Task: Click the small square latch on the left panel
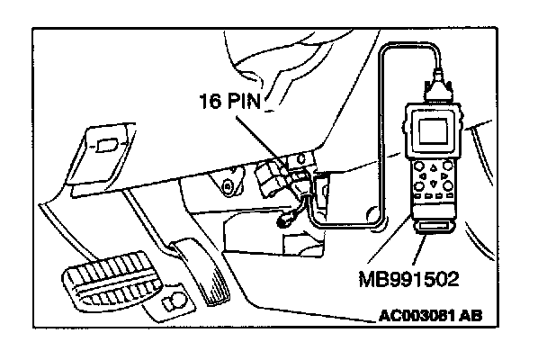pyautogui.click(x=105, y=143)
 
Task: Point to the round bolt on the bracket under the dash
pyautogui.click(x=226, y=188)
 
